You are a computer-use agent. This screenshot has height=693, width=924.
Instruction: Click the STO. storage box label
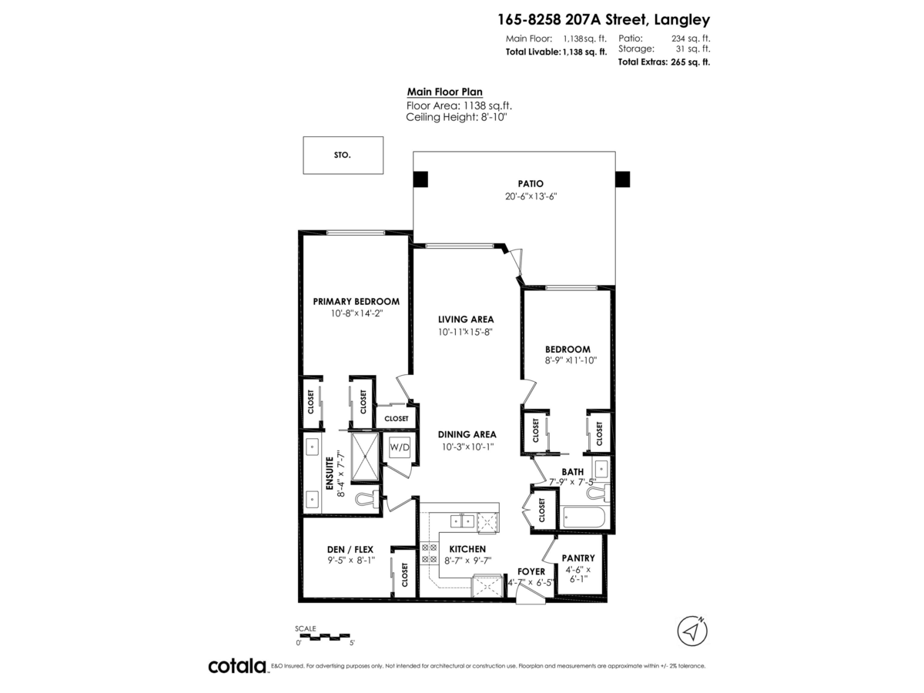[342, 155]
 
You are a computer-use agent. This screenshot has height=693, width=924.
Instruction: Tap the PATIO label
[531, 183]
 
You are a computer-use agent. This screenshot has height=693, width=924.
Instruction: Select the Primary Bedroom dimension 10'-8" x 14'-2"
[357, 313]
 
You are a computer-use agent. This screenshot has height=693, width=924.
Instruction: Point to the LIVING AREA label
[466, 320]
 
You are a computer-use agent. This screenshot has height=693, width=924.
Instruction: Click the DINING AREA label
[467, 434]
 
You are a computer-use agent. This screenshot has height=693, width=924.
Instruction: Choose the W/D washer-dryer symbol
[399, 447]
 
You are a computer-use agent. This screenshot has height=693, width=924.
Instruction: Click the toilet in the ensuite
[367, 500]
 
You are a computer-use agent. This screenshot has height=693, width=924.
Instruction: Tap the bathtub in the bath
[584, 517]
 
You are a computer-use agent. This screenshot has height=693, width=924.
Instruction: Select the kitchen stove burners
[429, 554]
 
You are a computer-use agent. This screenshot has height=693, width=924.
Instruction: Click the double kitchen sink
[462, 522]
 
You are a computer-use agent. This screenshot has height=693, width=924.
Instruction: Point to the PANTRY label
[578, 558]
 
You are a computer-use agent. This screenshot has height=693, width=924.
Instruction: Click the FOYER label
[531, 571]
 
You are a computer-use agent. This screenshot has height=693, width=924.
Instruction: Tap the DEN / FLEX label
[350, 549]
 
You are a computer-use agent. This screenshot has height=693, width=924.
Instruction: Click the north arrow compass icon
[692, 631]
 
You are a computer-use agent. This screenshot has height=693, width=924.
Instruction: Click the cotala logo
[238, 666]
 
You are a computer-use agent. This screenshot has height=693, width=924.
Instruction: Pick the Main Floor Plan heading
[444, 92]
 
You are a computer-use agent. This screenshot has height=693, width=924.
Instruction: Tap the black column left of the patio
[420, 179]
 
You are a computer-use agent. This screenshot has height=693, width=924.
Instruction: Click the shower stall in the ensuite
[365, 456]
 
